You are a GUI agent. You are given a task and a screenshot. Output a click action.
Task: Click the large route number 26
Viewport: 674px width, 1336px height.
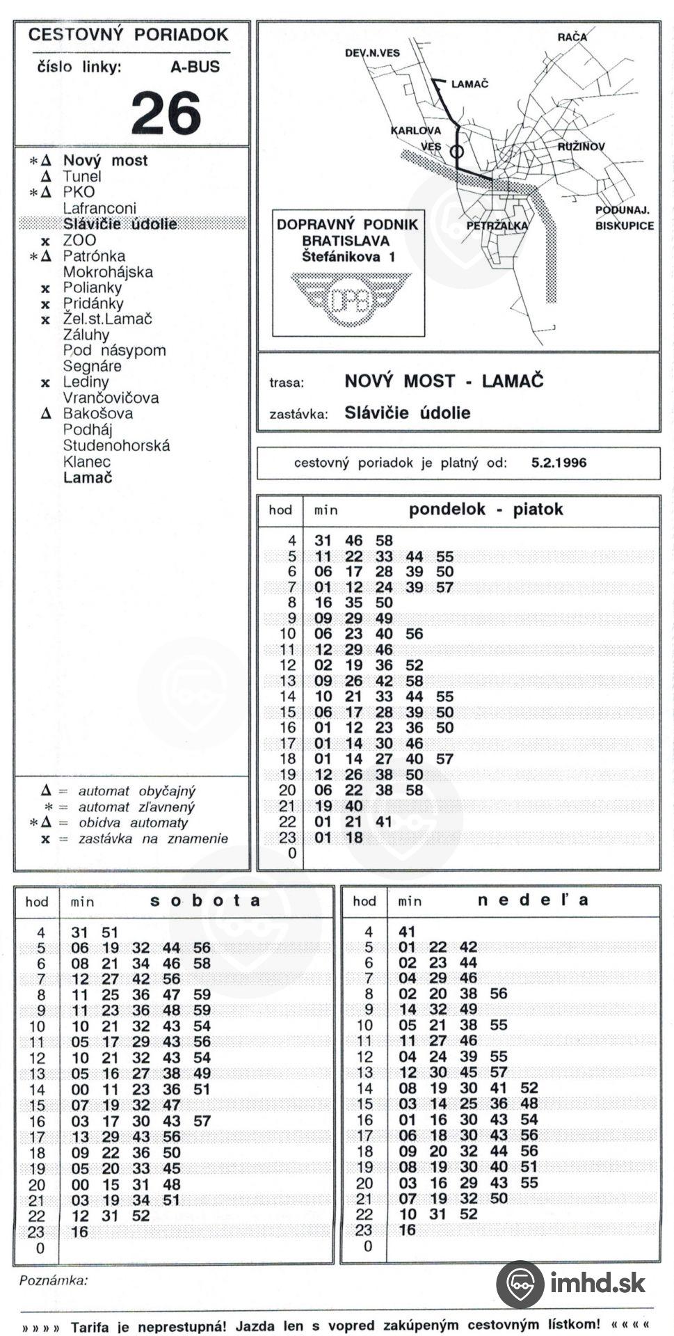(x=166, y=113)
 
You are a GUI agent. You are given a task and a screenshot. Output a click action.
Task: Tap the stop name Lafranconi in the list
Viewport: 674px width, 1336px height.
(x=99, y=208)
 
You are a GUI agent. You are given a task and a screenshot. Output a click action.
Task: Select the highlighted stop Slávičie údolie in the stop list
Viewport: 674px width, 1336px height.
(x=120, y=224)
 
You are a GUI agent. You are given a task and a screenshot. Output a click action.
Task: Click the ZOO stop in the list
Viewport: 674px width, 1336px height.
(x=79, y=240)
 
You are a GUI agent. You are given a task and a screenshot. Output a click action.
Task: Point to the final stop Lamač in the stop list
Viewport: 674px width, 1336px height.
(x=88, y=477)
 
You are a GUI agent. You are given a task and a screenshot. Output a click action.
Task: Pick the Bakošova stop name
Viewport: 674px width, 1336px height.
(x=97, y=413)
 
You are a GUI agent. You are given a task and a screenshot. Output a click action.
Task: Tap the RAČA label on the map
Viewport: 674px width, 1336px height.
(x=572, y=37)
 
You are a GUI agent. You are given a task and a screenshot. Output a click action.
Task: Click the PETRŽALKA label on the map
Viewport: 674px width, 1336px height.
(x=497, y=225)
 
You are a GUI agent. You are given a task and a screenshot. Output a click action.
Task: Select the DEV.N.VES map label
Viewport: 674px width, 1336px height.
(x=372, y=53)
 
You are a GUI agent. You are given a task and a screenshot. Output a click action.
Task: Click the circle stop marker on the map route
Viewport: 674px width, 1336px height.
(x=456, y=150)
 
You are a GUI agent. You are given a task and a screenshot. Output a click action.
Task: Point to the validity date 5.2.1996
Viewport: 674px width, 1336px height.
(x=559, y=463)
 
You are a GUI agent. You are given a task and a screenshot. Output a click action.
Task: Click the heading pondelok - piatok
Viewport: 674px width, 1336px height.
(x=486, y=509)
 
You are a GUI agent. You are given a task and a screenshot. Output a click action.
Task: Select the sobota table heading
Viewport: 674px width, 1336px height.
(x=205, y=900)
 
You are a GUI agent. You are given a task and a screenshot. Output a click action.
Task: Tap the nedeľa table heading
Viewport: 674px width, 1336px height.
(x=533, y=900)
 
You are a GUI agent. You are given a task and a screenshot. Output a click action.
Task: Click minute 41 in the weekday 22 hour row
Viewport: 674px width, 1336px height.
(x=384, y=822)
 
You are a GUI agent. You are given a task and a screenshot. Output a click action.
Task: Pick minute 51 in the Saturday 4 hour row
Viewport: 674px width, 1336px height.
(x=110, y=932)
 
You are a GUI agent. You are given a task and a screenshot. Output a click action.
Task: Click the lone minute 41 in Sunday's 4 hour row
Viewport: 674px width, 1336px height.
(x=407, y=932)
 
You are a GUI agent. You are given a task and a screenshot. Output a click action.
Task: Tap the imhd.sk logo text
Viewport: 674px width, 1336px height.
(x=597, y=1282)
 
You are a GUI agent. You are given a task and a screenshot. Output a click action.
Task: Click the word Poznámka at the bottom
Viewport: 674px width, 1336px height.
(x=54, y=1280)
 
